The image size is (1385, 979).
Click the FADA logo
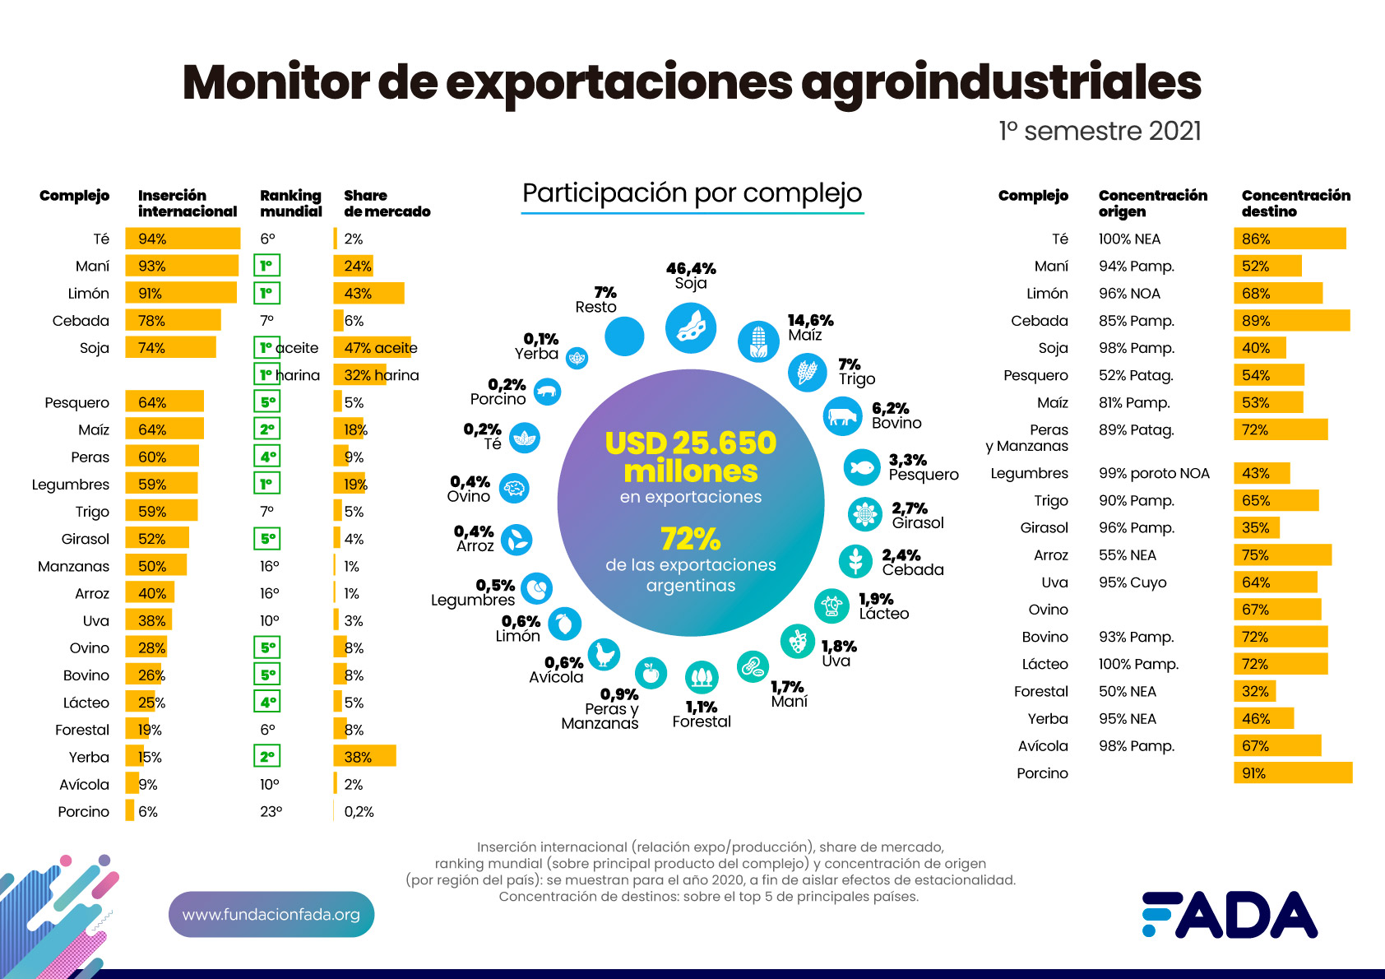1230,914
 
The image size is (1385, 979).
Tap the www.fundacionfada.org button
271,914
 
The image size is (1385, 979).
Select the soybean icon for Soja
691,327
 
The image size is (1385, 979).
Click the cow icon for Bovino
842,415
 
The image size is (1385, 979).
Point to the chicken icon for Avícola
604,654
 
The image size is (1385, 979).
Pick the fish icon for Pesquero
862,467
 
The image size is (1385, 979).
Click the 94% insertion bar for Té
183,239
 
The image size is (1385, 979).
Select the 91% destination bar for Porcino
1292,773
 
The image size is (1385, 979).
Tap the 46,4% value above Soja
691,268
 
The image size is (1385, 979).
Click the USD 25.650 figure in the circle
691,443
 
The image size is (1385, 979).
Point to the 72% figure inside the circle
691,539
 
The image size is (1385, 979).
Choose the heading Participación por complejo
692,193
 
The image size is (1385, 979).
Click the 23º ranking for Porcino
271,811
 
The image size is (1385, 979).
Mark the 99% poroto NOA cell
1154,473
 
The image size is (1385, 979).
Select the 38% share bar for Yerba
364,756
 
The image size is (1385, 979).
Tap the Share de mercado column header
387,203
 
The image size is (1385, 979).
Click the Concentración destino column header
1295,203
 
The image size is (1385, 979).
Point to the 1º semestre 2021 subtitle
1100,131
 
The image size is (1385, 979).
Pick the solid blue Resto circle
624,336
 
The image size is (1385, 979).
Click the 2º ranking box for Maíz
267,429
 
